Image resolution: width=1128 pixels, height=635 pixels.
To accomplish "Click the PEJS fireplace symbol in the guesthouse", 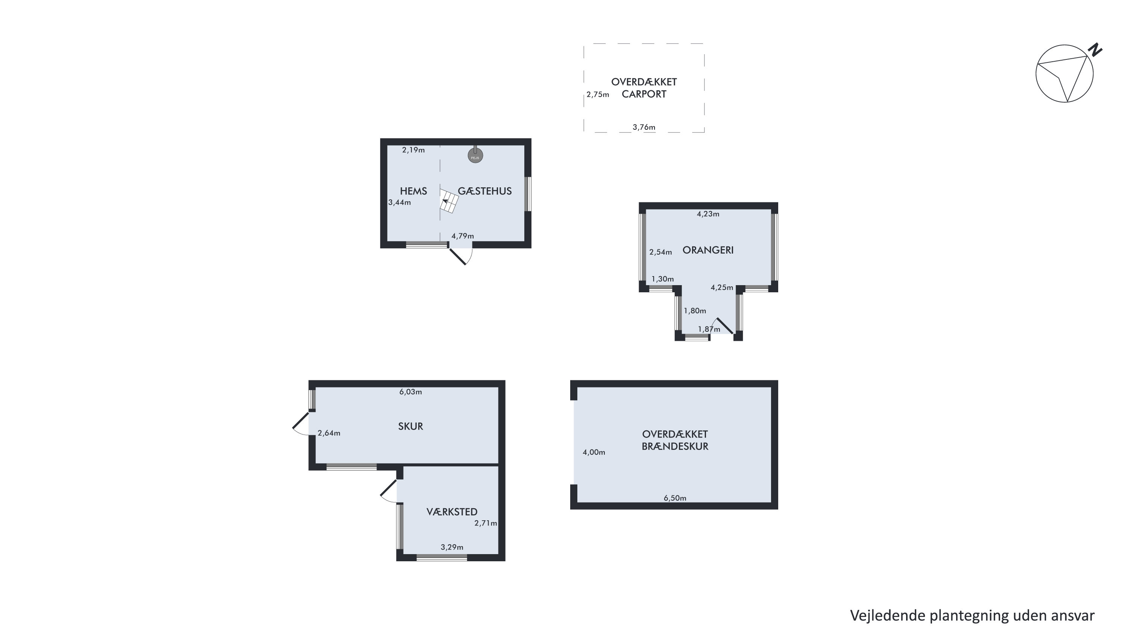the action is [x=475, y=155].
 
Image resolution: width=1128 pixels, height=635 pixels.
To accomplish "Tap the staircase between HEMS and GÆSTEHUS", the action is [x=449, y=201].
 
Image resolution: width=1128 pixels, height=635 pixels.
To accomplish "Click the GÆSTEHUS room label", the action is [x=485, y=191].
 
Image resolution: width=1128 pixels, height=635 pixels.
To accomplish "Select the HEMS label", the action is [x=413, y=191].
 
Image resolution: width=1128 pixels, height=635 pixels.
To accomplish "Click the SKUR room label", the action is [x=410, y=426].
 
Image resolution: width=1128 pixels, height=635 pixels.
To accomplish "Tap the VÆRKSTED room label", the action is [x=452, y=512].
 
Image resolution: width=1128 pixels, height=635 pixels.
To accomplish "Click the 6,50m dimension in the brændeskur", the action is [x=675, y=498].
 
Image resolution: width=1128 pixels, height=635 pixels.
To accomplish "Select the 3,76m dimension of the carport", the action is [x=644, y=128].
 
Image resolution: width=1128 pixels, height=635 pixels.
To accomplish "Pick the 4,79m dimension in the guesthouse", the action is [x=462, y=236].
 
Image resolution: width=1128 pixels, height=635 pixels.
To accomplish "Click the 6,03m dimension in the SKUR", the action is [x=410, y=392].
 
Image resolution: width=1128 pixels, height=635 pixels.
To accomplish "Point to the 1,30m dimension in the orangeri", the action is [x=662, y=279].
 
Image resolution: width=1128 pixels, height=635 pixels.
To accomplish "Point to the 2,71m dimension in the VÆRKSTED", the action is [x=486, y=523].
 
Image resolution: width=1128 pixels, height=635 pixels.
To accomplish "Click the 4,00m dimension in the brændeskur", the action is [x=594, y=453].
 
